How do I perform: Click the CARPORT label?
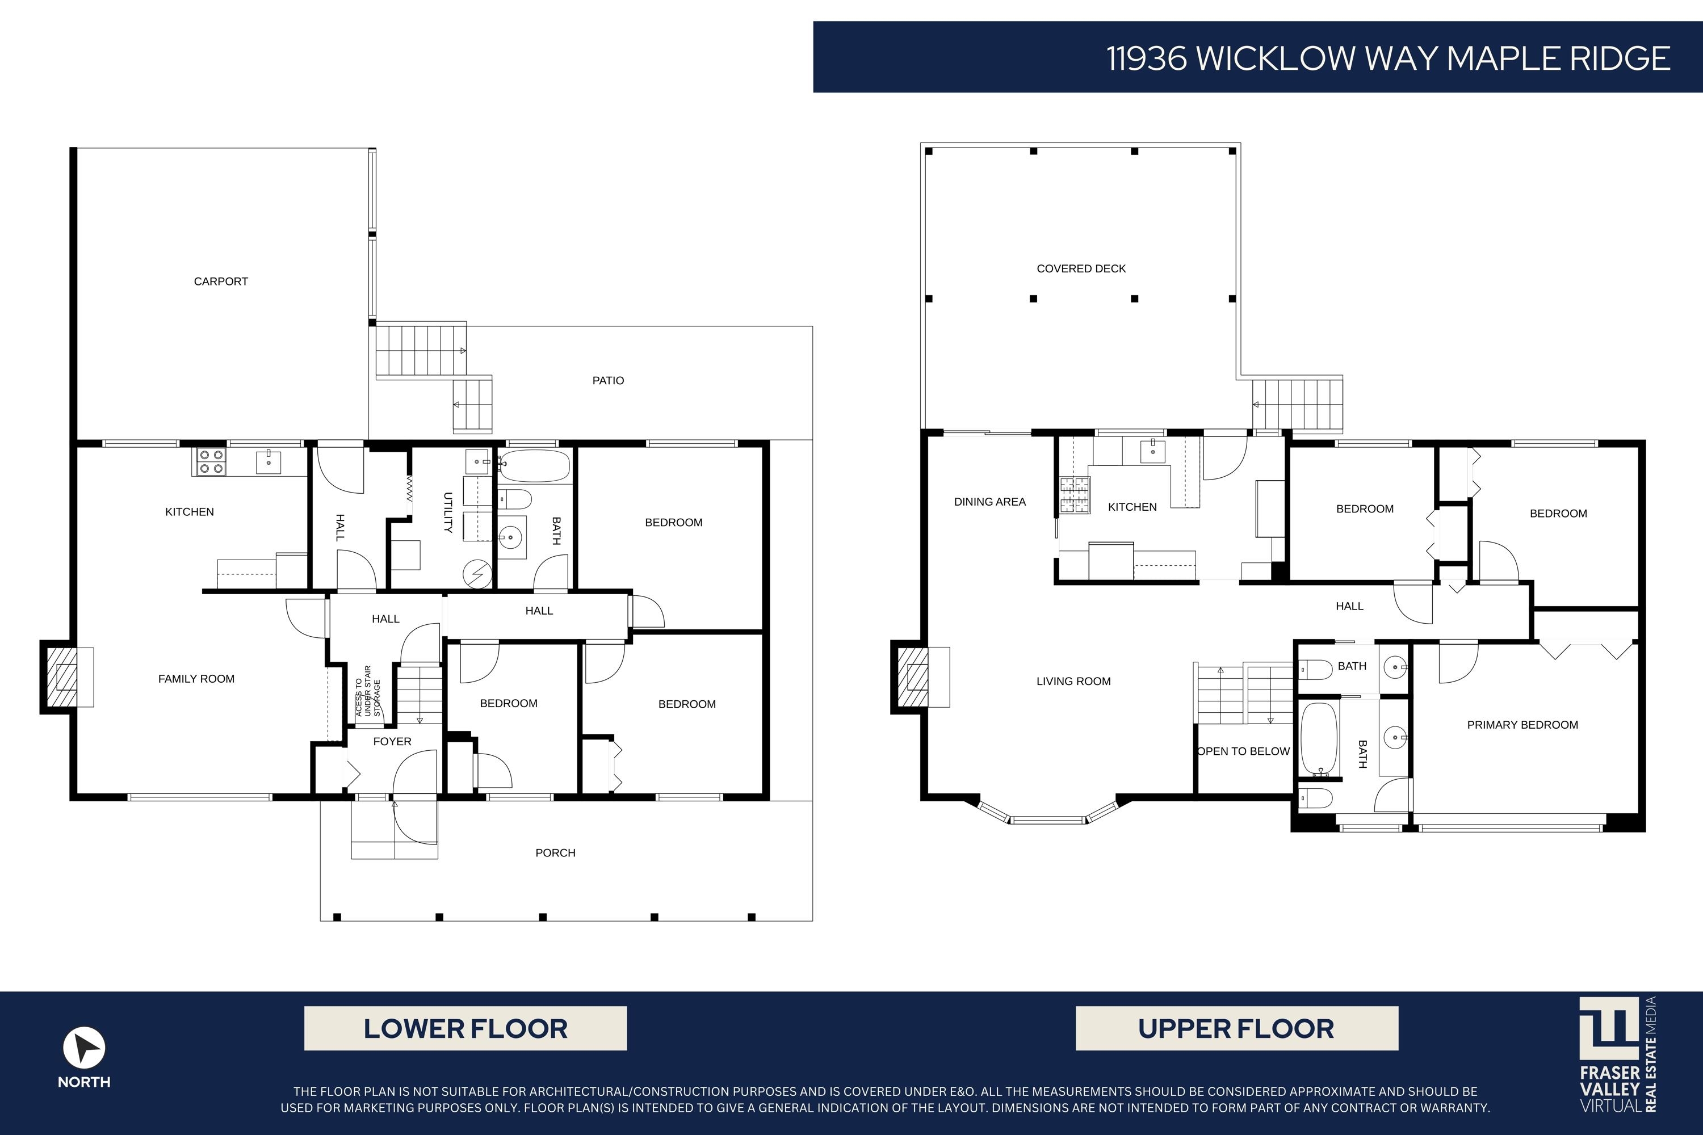(x=221, y=281)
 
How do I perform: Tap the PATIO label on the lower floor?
(x=607, y=381)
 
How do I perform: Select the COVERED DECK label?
(x=1080, y=268)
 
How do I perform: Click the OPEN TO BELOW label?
(x=1243, y=751)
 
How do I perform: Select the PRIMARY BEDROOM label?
(x=1522, y=725)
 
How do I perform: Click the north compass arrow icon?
(x=84, y=1048)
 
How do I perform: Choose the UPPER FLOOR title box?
(x=1236, y=1028)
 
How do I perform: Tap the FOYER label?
(x=392, y=741)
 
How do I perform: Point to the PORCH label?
(x=555, y=853)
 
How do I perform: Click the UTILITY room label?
(x=447, y=512)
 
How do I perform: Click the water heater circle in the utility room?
(x=478, y=574)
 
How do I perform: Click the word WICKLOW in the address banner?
(x=1274, y=58)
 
